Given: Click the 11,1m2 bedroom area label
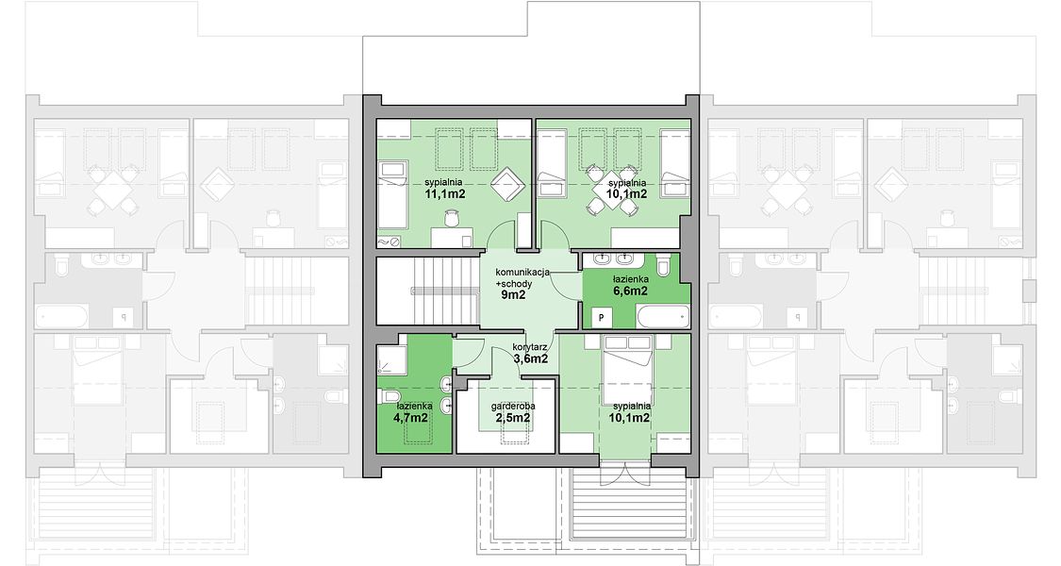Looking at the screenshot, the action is (x=444, y=193).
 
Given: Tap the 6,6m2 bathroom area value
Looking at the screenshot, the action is (x=631, y=291).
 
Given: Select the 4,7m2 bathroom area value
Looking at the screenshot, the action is (x=410, y=417).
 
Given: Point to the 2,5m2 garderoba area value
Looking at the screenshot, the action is (x=513, y=418).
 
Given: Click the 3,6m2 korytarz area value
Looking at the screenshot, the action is (x=530, y=359).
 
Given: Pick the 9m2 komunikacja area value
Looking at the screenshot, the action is (x=513, y=294).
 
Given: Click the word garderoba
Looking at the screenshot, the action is (x=514, y=407).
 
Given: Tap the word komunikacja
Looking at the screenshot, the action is (x=522, y=273).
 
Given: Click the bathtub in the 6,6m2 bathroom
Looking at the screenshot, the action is (x=662, y=316).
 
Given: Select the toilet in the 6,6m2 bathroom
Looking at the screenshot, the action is (x=662, y=264).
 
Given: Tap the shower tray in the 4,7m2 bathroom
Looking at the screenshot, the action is (x=391, y=359).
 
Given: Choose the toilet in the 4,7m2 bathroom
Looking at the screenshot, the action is (x=391, y=394).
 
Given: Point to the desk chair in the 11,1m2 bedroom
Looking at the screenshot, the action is (x=452, y=218).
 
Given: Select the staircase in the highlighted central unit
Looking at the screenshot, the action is (x=427, y=291).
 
